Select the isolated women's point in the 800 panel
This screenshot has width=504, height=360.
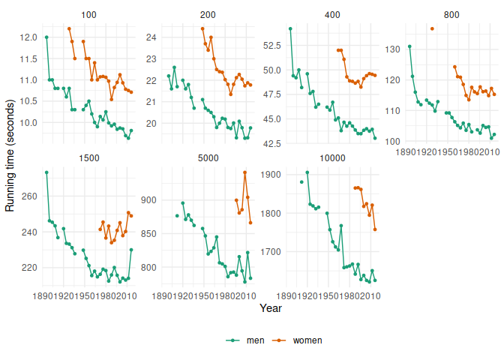432,28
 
